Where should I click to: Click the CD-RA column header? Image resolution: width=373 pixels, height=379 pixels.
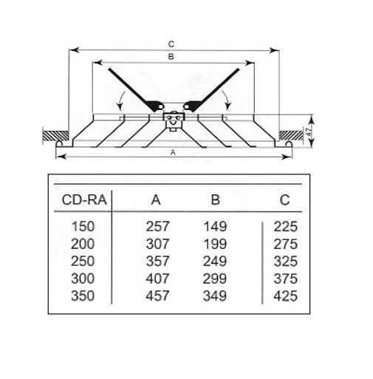84,199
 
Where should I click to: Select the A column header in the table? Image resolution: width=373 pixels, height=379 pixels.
156,199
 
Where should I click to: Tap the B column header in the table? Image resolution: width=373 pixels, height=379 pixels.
215,199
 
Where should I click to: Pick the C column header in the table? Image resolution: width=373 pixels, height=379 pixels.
284,199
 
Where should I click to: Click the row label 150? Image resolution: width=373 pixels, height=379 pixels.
83,226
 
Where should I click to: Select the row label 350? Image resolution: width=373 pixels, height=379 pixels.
83,296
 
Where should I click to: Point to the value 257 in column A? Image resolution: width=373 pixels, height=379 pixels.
157,226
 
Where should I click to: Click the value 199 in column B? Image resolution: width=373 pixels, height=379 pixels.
215,244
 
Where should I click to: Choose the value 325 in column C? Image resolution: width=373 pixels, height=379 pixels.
286,261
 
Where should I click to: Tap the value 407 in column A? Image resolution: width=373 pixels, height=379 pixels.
157,279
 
